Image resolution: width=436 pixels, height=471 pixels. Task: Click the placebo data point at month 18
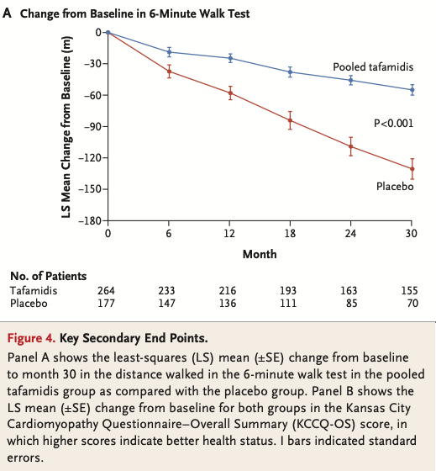[x=290, y=120]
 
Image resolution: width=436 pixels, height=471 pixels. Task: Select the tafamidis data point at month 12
[x=230, y=58]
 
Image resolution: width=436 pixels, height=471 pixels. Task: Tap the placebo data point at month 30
[x=412, y=169]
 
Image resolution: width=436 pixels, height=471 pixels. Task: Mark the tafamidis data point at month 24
[x=351, y=80]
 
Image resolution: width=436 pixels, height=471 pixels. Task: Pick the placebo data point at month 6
[x=169, y=71]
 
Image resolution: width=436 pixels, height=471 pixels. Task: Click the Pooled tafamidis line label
[x=373, y=66]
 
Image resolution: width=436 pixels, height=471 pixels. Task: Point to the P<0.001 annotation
[x=393, y=123]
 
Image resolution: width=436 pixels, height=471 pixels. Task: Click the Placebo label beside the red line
[x=395, y=186]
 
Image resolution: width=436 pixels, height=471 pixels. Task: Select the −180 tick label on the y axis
[x=90, y=220]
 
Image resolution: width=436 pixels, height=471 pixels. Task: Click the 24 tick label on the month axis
[x=350, y=234]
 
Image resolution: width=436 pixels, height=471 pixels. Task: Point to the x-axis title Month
[x=260, y=254]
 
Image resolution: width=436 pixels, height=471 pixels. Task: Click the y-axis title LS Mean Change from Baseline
[x=66, y=127]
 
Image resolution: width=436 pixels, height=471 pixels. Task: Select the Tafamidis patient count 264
[x=106, y=290]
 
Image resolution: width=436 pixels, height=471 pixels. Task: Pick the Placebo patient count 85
[x=351, y=303]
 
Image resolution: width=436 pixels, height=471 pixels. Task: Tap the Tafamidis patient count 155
[x=409, y=290]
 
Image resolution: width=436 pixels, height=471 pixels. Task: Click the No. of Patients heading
[x=49, y=276]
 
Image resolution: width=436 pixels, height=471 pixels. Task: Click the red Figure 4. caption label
[x=31, y=338]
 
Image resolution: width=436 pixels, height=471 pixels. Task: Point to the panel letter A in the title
[x=7, y=13]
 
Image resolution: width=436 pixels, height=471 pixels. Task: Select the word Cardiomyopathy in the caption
[x=53, y=425]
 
